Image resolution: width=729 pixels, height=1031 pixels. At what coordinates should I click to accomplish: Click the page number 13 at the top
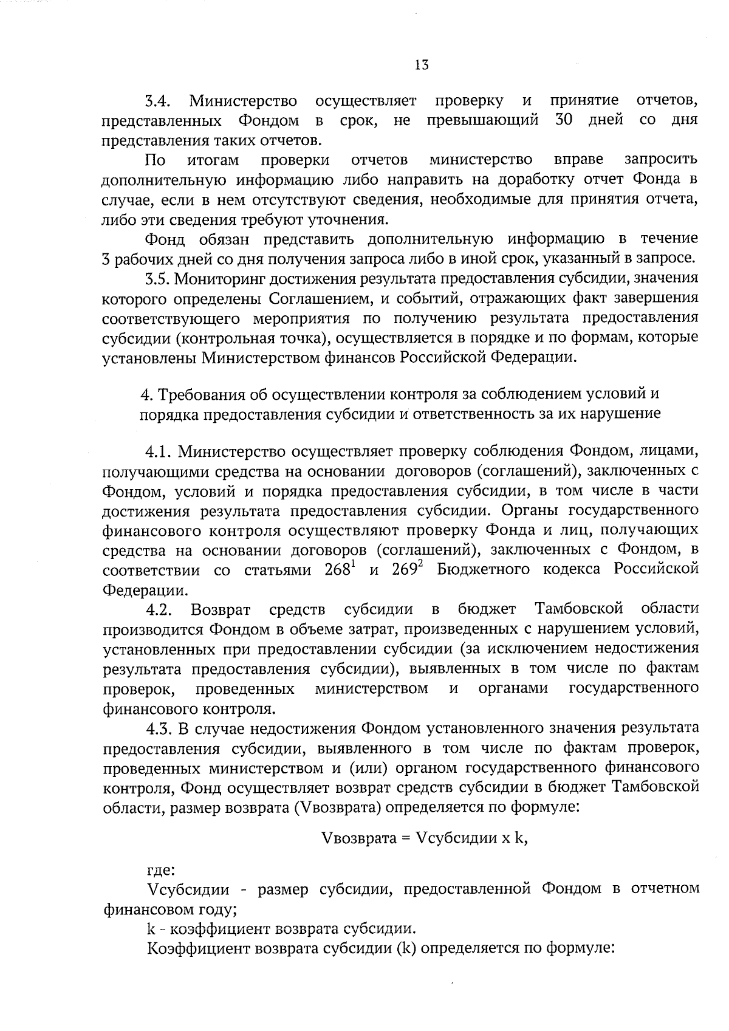click(x=422, y=65)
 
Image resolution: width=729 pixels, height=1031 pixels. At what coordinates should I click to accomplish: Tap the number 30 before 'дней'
click(x=565, y=120)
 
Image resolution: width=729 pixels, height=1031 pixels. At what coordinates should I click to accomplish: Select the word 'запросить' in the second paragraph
click(x=661, y=160)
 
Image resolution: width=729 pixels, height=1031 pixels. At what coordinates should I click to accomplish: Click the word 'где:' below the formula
click(x=161, y=871)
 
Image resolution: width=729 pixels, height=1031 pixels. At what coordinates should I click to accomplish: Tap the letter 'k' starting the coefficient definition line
click(x=151, y=929)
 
